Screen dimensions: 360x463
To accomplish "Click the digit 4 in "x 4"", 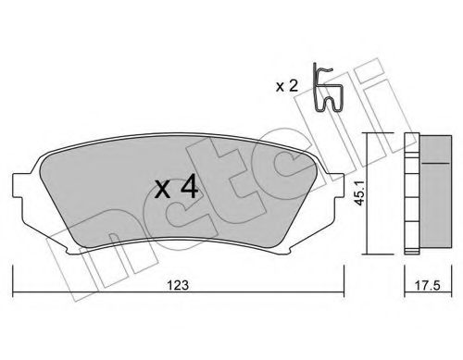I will [188, 189].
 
